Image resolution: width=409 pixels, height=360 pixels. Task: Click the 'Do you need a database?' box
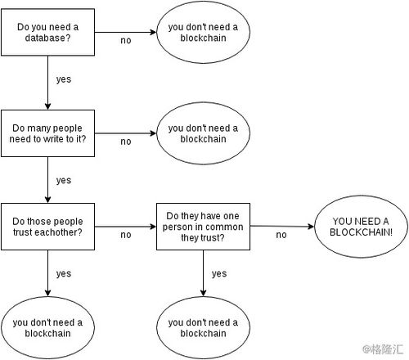(x=47, y=32)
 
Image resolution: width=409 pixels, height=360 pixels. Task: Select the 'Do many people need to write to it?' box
(x=47, y=133)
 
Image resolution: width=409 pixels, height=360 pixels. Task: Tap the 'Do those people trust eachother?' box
(x=47, y=227)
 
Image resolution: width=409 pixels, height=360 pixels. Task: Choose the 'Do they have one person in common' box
(x=203, y=227)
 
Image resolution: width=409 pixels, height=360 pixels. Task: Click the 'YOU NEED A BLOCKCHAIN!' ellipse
(x=361, y=227)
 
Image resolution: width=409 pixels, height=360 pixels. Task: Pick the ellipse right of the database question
(x=203, y=32)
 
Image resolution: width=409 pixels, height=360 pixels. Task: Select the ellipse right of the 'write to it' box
(x=203, y=133)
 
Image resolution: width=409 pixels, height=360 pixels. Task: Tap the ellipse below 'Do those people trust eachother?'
(x=47, y=327)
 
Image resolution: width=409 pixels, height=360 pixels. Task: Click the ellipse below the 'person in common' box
(x=203, y=327)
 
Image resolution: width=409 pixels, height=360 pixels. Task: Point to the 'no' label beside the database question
(x=126, y=41)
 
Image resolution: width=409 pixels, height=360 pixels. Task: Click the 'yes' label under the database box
(x=64, y=79)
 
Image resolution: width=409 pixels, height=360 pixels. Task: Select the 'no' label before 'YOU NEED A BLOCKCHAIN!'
(x=281, y=235)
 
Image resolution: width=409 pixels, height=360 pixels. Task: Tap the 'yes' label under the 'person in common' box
(x=219, y=273)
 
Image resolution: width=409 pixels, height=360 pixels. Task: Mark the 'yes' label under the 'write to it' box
(x=64, y=180)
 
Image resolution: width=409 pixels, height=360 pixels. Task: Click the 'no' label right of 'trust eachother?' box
(x=126, y=235)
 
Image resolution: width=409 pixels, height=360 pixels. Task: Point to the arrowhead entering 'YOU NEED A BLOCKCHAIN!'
(x=312, y=227)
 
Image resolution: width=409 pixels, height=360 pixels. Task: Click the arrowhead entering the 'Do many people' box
(x=47, y=106)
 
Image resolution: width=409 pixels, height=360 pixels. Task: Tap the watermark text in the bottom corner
(x=383, y=349)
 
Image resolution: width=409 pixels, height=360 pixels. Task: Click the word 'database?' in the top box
(x=47, y=38)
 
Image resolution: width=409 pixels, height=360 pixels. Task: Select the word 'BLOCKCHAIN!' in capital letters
(x=361, y=232)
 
